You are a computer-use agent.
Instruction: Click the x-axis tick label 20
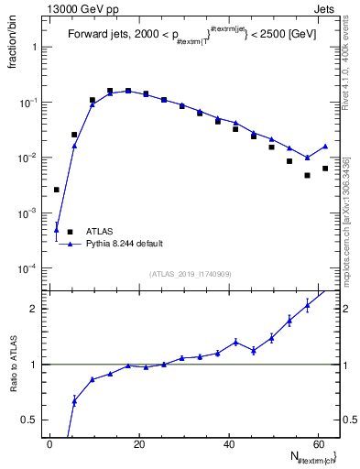click(x=139, y=444)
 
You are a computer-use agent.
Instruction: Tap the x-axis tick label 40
click(x=228, y=444)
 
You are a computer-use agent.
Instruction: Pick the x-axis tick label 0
click(x=50, y=444)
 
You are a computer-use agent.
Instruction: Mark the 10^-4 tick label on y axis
click(x=27, y=268)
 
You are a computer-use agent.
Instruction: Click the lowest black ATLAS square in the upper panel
click(x=308, y=175)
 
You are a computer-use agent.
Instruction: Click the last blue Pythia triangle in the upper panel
click(x=325, y=147)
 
